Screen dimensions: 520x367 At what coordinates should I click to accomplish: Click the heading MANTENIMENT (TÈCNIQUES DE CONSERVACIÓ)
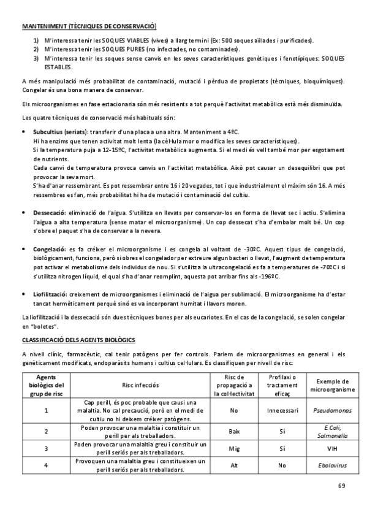pos(89,26)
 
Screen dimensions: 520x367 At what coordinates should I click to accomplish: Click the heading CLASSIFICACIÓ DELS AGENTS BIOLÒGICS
pos(78,339)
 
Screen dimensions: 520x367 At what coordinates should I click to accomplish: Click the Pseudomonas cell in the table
pos(333,410)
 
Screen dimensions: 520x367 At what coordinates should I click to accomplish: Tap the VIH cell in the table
pos(333,448)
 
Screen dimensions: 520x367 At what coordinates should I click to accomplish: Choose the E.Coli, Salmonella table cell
pos(333,431)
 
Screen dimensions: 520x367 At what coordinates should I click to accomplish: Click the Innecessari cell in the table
pos(282,410)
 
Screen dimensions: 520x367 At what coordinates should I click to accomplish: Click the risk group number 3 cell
pos(47,448)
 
